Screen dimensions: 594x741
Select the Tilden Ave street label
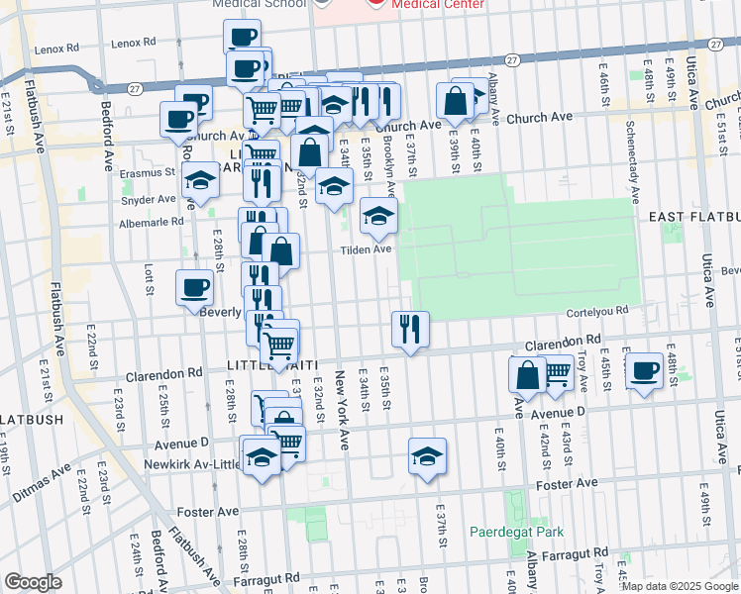point(368,249)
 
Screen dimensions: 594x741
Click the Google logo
point(33,581)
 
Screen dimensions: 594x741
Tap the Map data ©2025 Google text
point(679,586)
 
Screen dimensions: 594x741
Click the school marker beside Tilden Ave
point(377,217)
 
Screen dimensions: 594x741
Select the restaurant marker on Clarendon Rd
point(410,329)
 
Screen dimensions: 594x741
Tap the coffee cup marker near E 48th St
point(645,371)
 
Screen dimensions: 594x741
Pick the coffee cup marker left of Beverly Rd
point(194,288)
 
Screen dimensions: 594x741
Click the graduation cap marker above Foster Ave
point(428,455)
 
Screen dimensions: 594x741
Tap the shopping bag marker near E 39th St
point(455,100)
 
